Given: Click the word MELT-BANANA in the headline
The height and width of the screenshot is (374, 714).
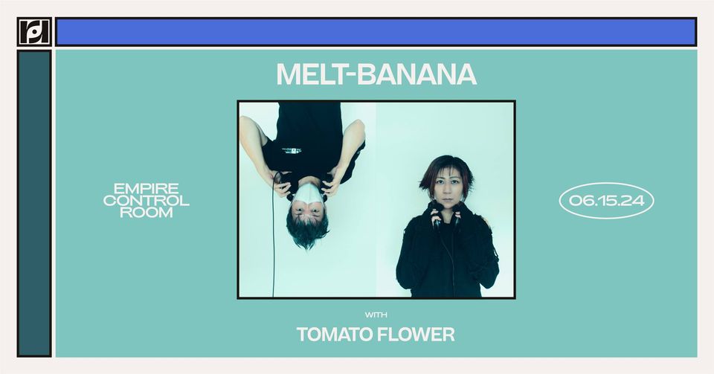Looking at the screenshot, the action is [x=376, y=74].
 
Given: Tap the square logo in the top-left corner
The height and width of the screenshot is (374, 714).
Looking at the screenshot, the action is [x=34, y=32].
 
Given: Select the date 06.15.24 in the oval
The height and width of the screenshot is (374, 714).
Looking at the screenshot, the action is [x=607, y=201].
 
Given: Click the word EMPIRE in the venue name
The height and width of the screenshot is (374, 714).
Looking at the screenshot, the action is [x=147, y=188].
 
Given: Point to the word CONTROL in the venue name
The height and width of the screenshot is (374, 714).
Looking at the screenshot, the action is [x=147, y=201].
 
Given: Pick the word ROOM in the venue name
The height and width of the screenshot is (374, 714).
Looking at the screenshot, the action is [x=147, y=213].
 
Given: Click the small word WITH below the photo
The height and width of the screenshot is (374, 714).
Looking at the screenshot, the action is [x=376, y=315].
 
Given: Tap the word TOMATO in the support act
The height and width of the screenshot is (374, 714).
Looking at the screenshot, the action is [x=333, y=335].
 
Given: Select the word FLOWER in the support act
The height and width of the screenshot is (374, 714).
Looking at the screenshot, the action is [x=415, y=335].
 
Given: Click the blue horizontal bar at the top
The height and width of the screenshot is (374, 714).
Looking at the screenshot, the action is [x=376, y=32].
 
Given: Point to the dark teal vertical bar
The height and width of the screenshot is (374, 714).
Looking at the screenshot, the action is [x=34, y=204].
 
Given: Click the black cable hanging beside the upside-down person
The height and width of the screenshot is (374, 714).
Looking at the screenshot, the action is [x=273, y=236].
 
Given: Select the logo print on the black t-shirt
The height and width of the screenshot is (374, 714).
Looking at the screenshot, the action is [x=292, y=150].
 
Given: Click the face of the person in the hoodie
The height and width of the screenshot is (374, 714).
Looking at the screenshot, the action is [x=445, y=188].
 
